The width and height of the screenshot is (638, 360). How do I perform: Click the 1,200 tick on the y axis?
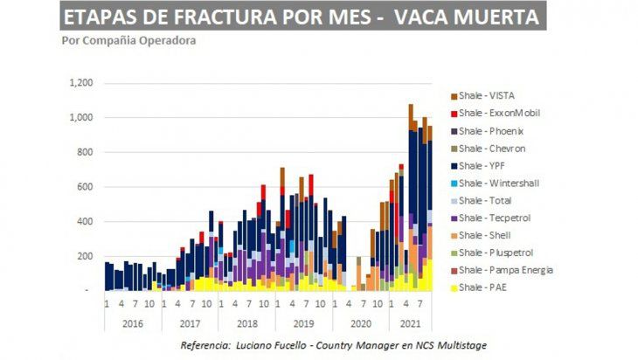79,83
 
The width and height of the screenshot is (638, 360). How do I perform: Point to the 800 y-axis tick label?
83,152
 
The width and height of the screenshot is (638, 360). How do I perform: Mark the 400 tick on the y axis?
83,221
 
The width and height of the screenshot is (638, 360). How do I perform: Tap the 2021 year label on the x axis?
409,322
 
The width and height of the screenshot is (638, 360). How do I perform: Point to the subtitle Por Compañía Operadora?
128,41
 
